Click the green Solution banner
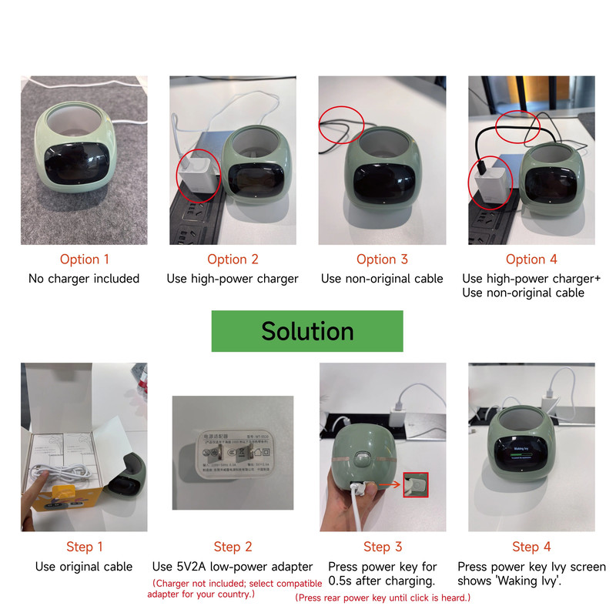pos(307,331)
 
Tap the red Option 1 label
pos(84,259)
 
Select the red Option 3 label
pos(382,259)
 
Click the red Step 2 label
pos(233,547)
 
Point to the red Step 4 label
pos(531,547)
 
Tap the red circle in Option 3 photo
pos(340,124)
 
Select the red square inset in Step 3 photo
pos(415,484)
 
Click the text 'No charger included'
pos(84,279)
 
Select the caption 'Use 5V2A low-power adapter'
pos(233,567)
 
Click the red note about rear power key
pos(383,598)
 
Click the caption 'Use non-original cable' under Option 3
pos(382,279)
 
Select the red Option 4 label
pos(531,259)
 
